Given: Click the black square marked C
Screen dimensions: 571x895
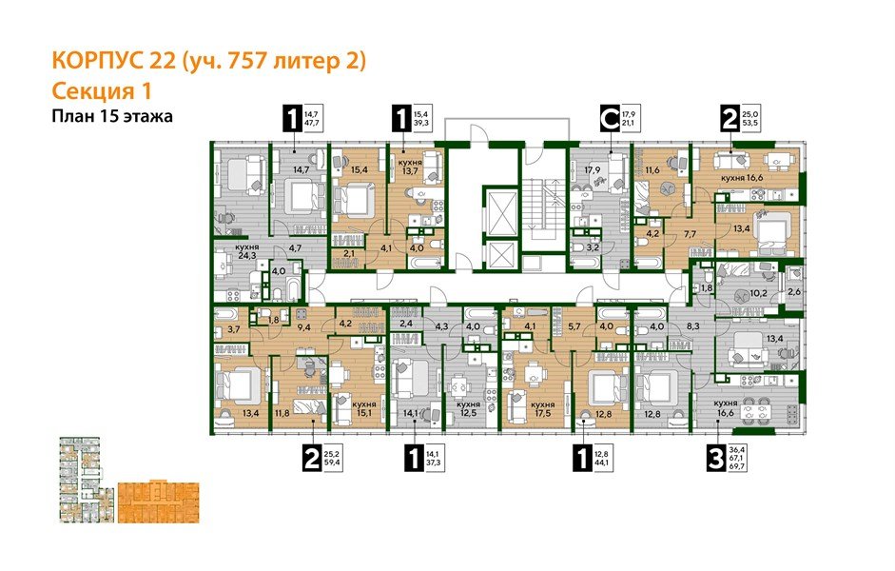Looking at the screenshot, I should [610, 120].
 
